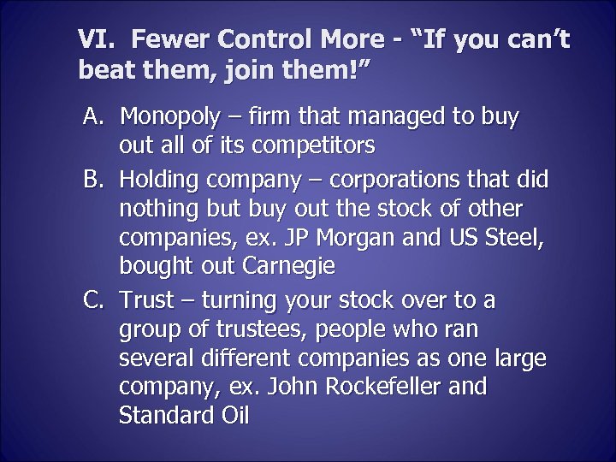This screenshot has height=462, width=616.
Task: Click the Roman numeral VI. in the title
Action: [x=95, y=39]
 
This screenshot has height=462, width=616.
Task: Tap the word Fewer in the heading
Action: [x=169, y=39]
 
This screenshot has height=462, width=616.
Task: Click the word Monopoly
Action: [x=169, y=115]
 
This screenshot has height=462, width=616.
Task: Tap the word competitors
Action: [x=311, y=145]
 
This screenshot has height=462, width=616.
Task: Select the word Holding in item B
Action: [x=156, y=181]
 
